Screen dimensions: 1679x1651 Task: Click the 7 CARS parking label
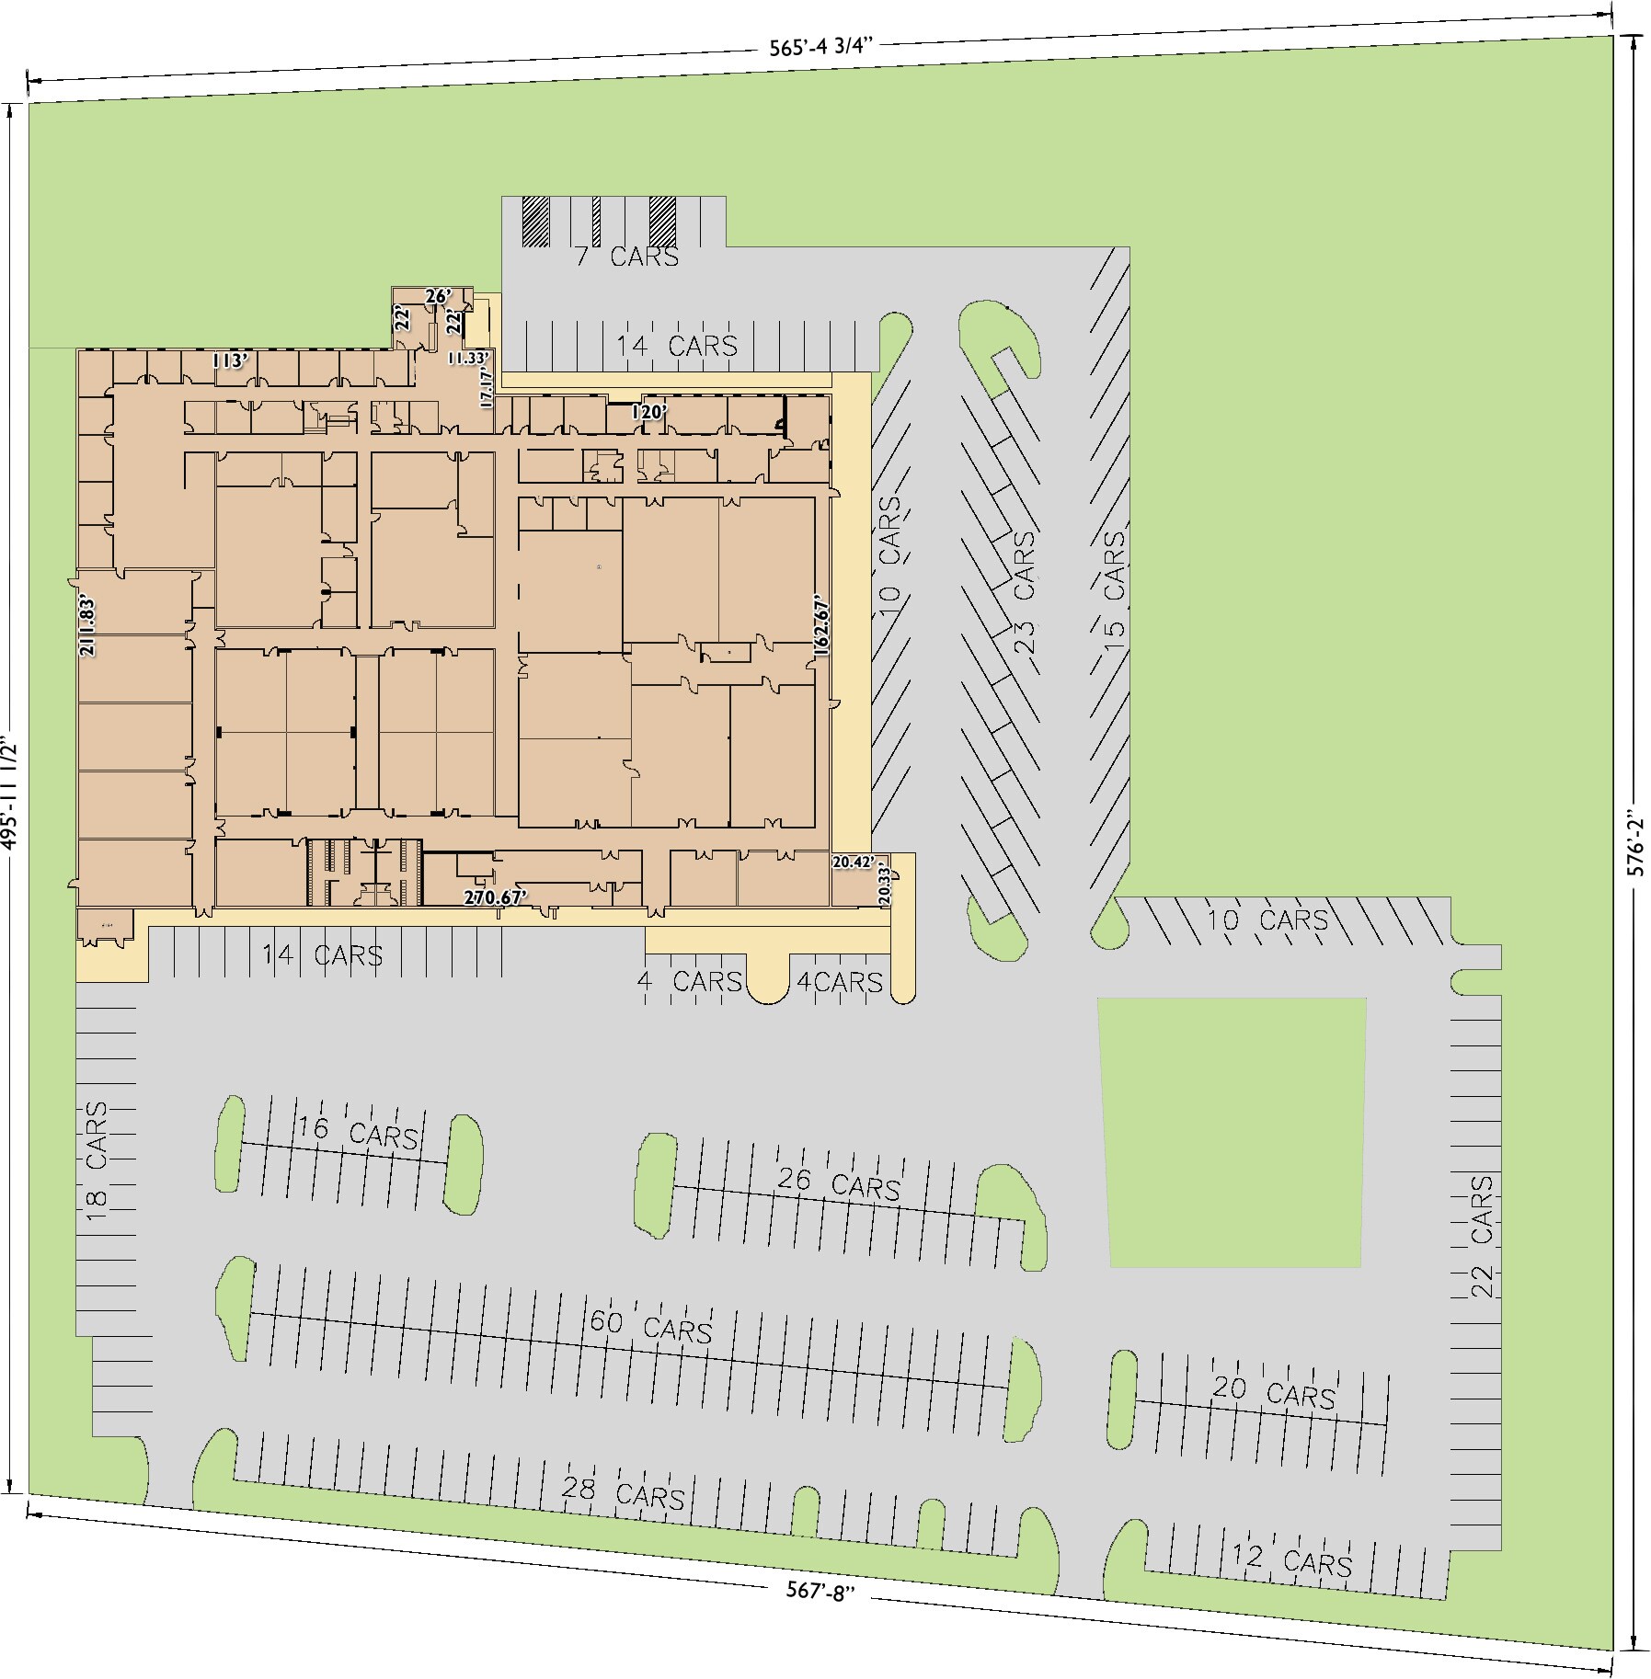(627, 257)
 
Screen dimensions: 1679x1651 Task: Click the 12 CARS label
(1291, 1558)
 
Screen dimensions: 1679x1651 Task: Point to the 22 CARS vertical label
(1481, 1249)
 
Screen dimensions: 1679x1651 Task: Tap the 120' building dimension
(648, 413)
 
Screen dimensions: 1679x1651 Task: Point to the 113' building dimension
(230, 360)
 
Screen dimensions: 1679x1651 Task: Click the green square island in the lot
(1233, 1132)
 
